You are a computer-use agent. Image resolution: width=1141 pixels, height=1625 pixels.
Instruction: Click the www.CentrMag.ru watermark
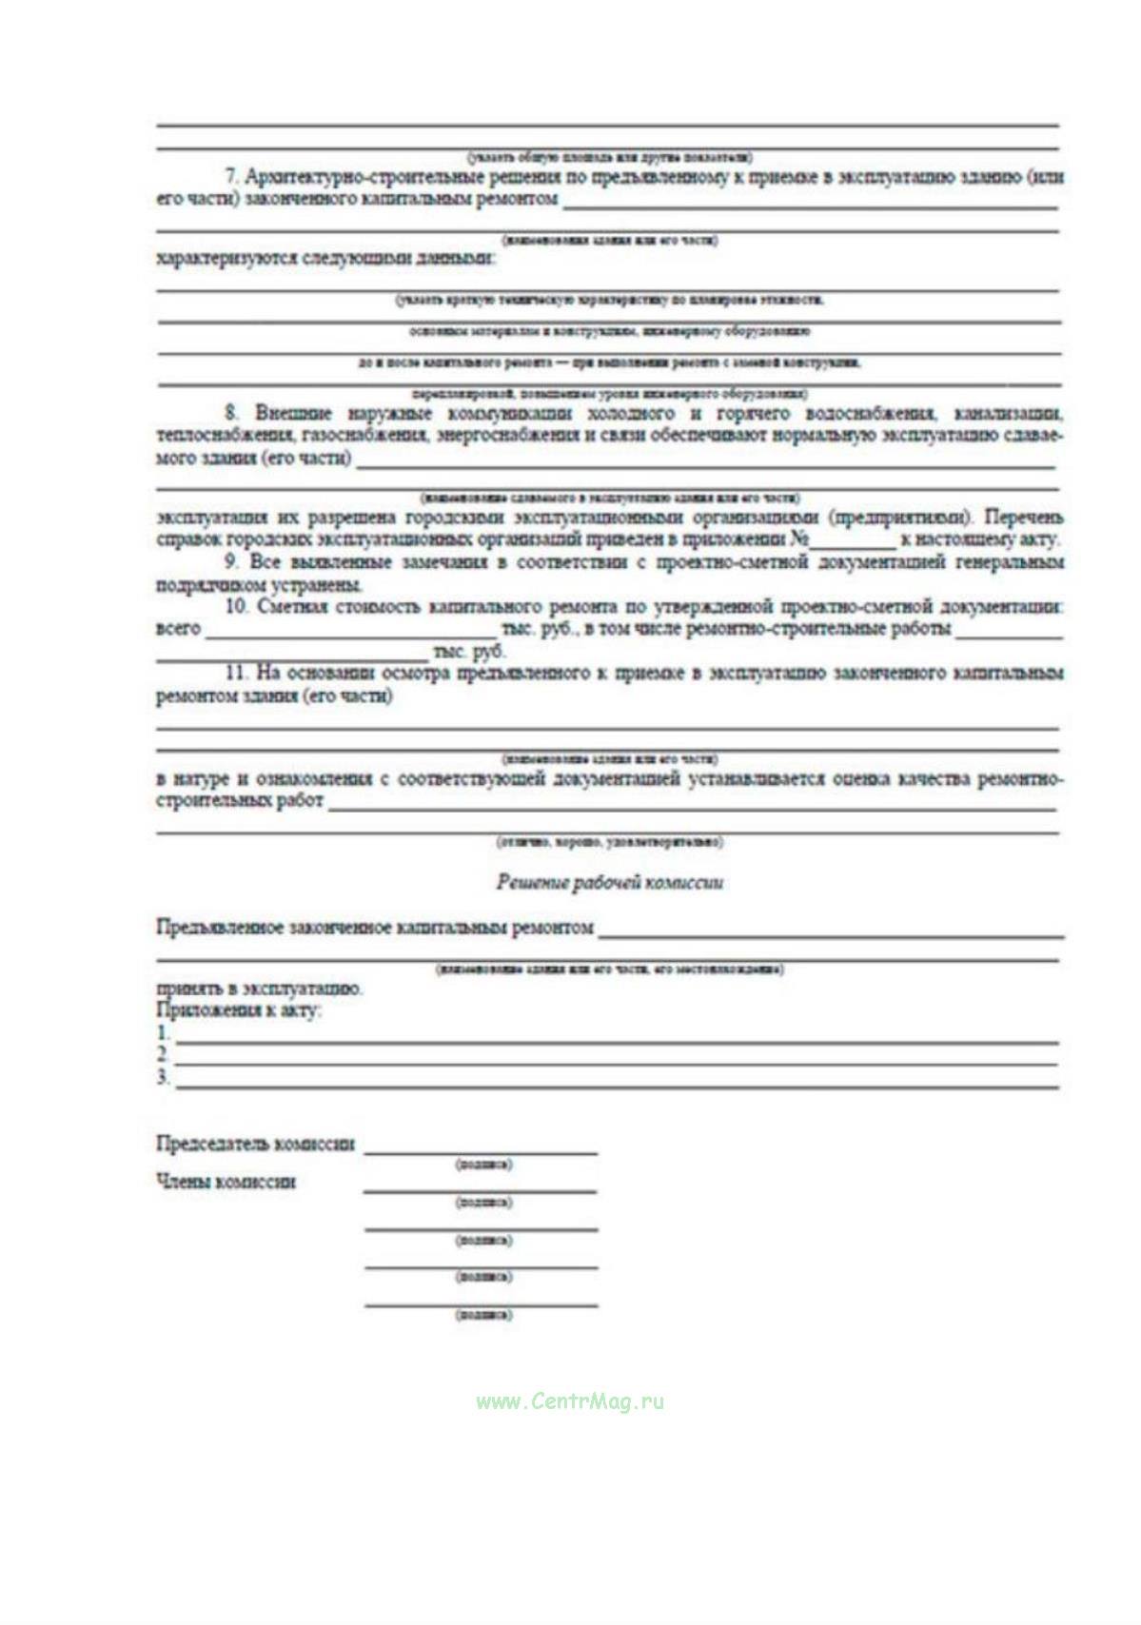(x=570, y=1400)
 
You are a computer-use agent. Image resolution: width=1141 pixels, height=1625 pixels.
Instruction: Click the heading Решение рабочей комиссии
(x=609, y=882)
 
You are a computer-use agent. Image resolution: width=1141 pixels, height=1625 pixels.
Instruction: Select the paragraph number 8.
(x=231, y=413)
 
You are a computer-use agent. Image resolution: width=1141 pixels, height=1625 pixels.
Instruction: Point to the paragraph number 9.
(x=231, y=561)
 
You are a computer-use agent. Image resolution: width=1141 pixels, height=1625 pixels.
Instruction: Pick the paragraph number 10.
(x=235, y=606)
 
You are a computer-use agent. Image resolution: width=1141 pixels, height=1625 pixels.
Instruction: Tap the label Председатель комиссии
(x=255, y=1144)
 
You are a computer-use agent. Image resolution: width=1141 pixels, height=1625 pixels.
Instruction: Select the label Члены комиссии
(x=226, y=1182)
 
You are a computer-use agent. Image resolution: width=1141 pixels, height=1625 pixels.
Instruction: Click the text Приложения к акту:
(x=238, y=1010)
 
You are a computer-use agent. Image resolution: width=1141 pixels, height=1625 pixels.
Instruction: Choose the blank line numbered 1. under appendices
(x=617, y=1041)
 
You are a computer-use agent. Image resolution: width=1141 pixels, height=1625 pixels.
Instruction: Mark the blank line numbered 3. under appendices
(x=617, y=1086)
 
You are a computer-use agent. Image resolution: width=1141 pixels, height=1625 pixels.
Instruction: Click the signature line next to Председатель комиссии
(x=481, y=1151)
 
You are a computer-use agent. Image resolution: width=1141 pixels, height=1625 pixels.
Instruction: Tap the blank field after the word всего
(x=350, y=636)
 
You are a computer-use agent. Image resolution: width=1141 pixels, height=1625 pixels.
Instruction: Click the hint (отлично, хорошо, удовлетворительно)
(x=609, y=842)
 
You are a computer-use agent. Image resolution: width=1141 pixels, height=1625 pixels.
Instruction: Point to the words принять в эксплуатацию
(x=259, y=989)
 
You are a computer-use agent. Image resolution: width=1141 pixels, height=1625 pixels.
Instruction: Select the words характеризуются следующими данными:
(x=325, y=258)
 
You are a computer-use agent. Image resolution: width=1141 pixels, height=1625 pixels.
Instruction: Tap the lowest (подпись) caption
(x=483, y=1315)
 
